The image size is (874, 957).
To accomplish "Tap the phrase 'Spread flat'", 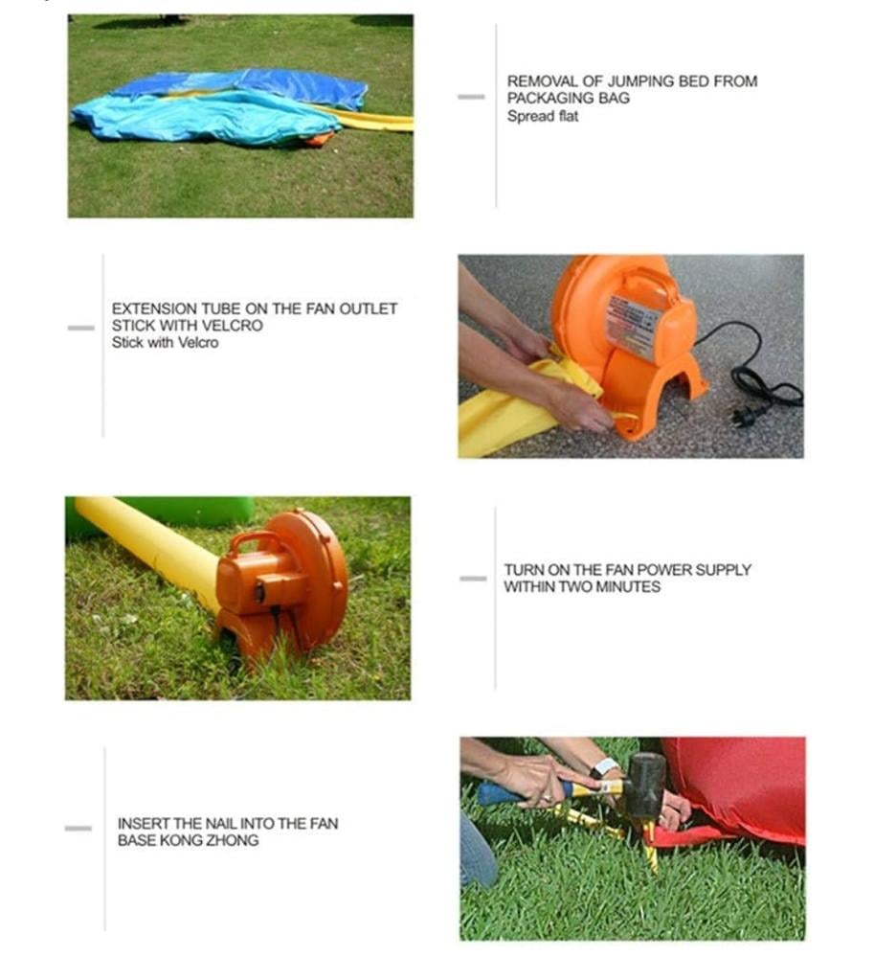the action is pos(542,116).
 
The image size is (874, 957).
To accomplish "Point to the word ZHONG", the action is pos(233,840).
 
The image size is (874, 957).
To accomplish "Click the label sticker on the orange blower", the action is pos(633,324).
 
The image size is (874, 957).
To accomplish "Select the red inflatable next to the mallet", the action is pos(737,788).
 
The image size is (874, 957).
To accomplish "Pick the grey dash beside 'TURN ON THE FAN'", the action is pos(473,578).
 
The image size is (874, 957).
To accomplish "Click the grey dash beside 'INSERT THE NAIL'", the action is pos(78,828).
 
